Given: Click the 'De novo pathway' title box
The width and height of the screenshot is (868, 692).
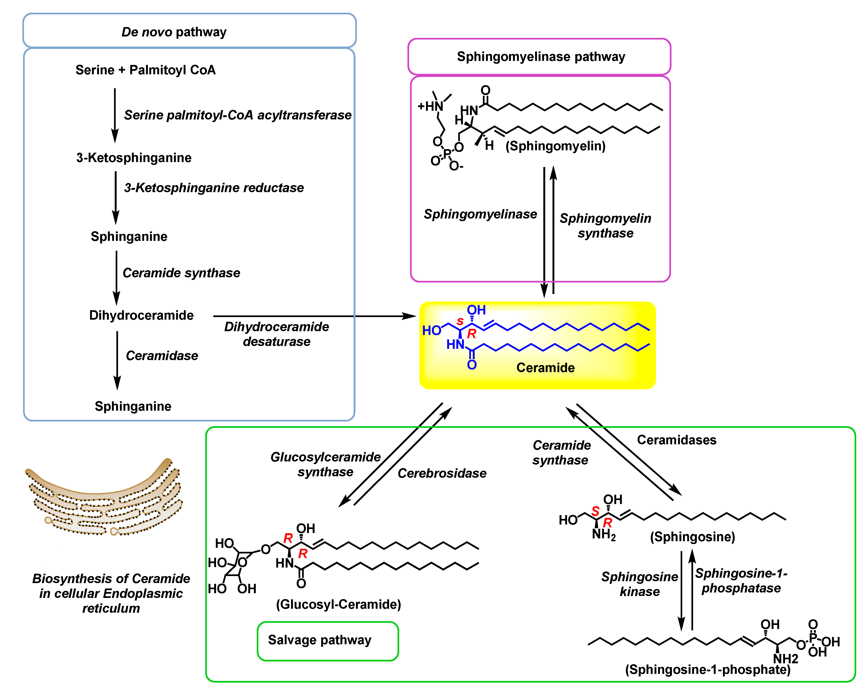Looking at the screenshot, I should point(189,31).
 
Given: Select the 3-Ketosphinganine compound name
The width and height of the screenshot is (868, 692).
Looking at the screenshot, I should point(134,158).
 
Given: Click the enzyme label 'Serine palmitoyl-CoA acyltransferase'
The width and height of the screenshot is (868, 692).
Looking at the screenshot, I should point(237,115).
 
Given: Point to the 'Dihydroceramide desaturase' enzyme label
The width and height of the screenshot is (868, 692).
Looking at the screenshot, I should point(276,334).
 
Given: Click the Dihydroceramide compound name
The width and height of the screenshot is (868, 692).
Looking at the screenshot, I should point(141,315).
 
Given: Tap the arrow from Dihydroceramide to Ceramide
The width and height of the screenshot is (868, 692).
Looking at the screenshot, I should point(314,316).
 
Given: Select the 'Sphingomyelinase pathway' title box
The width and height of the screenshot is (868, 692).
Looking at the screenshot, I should point(540,57).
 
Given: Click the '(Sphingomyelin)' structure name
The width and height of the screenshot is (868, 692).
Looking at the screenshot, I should point(556,146).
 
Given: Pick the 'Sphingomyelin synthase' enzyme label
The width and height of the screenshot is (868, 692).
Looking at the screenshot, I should point(605,226).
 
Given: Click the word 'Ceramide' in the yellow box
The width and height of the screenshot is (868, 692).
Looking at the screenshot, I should point(545,367).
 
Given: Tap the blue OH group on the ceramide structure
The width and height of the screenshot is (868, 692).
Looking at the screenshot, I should point(476,310).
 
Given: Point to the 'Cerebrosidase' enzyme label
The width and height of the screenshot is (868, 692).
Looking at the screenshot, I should point(442,473).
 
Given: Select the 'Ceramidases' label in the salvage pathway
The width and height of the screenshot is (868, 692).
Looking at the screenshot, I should point(676,440).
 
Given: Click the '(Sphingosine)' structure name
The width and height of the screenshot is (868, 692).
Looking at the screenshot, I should point(692,537).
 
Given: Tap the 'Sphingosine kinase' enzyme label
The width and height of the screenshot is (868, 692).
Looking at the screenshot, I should point(639,584).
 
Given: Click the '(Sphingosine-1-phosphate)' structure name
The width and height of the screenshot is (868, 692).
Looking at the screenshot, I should point(708,669).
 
